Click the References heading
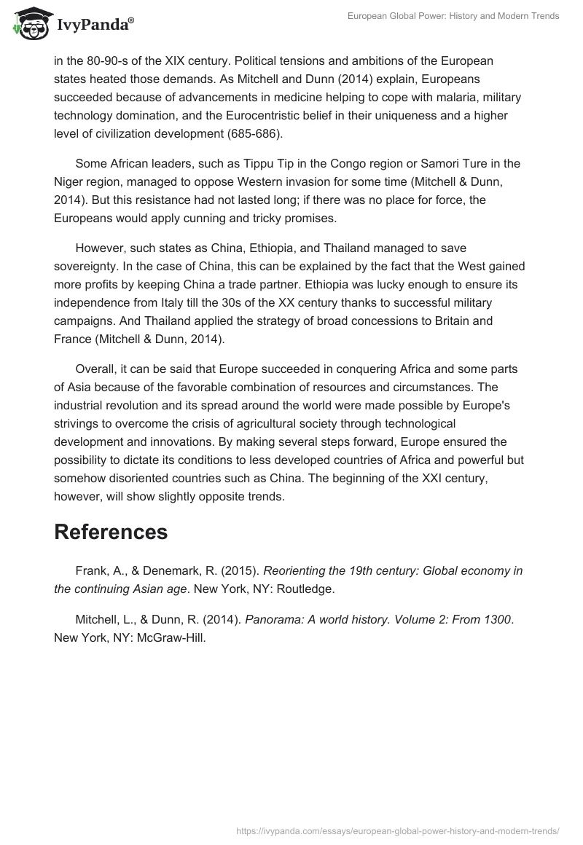point(111,532)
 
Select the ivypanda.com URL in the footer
point(397,830)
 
